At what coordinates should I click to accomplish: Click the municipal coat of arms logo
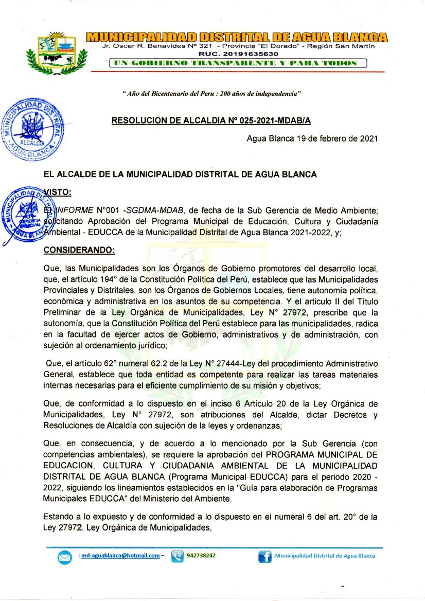point(57,52)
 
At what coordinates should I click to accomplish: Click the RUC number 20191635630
point(238,54)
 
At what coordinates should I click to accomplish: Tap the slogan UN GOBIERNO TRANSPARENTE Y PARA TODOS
point(237,63)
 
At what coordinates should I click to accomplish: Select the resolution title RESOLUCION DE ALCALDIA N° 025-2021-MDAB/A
point(211,121)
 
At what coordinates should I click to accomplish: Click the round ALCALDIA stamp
point(34,127)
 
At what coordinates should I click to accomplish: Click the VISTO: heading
point(58,192)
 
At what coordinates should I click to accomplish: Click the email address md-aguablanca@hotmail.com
point(120,556)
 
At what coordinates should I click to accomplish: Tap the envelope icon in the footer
point(65,557)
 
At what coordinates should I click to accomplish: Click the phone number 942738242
point(201,556)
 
